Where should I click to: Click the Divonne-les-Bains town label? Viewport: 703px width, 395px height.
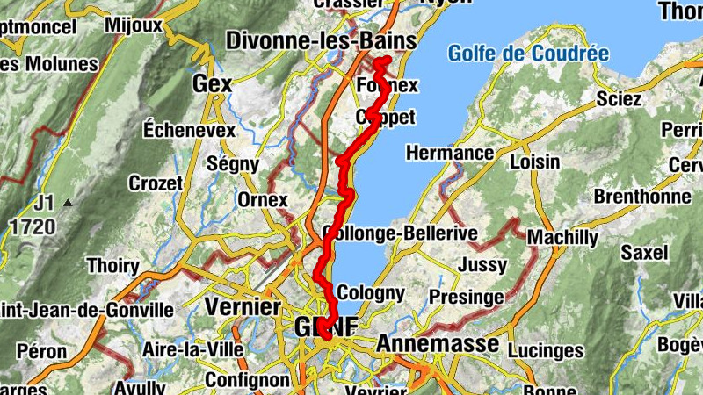320,40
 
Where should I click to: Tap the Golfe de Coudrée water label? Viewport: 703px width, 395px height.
528,54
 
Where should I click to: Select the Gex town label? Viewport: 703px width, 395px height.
212,84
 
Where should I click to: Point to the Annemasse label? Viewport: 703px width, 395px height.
437,344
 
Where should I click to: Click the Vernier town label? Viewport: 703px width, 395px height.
242,307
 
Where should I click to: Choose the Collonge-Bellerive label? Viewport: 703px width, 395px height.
400,233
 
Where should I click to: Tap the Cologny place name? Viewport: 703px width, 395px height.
371,293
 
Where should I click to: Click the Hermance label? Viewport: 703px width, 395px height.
450,154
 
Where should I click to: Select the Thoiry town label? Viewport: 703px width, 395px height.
112,266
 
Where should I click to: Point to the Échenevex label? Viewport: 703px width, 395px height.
191,130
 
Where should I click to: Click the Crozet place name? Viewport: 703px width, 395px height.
156,183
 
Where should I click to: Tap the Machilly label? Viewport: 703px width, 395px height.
562,238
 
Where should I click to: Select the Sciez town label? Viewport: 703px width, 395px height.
618,98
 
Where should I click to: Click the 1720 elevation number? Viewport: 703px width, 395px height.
33,227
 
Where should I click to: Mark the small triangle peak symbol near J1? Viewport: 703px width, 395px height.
68,204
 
